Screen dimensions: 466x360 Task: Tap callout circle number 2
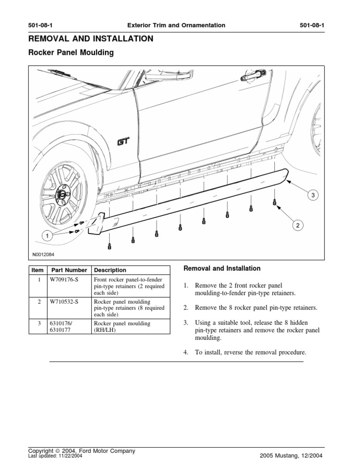(x=296, y=226)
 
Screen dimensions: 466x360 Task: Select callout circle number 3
(x=309, y=195)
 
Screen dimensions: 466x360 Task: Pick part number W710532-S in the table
(x=65, y=301)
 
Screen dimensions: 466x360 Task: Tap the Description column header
(x=110, y=270)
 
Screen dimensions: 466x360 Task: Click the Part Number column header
(x=69, y=270)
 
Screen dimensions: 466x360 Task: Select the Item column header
(x=37, y=270)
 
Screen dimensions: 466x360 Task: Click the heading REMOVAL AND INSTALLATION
(x=90, y=39)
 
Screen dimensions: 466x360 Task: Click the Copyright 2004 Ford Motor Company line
(x=82, y=451)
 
